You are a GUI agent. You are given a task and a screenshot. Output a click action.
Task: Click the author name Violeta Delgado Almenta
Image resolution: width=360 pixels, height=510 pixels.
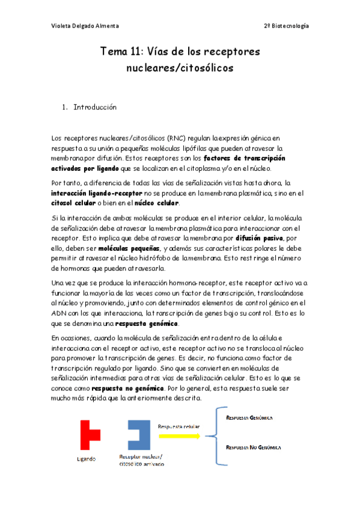click(84, 26)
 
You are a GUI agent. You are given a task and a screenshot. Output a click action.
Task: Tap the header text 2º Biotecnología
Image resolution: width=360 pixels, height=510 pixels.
click(287, 26)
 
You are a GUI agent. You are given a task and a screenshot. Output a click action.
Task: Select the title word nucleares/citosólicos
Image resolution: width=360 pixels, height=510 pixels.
click(180, 68)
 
